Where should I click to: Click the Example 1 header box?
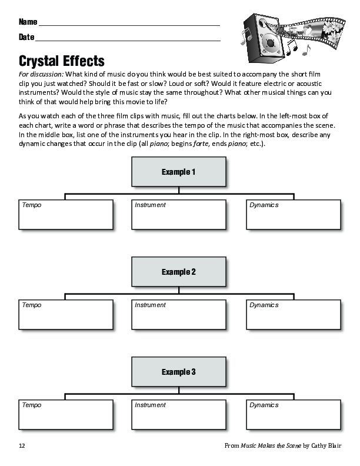pyautogui.click(x=179, y=172)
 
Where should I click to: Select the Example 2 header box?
pyautogui.click(x=179, y=272)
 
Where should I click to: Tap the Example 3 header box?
pyautogui.click(x=179, y=372)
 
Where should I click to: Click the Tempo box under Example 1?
pyautogui.click(x=66, y=215)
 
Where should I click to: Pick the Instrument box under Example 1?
pyautogui.click(x=179, y=215)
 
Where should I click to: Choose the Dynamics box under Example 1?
pyautogui.click(x=294, y=215)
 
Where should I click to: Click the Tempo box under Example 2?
pyautogui.click(x=66, y=315)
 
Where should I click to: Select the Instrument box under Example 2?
pyautogui.click(x=179, y=315)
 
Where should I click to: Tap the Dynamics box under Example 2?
pyautogui.click(x=294, y=315)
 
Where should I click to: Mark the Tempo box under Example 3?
pyautogui.click(x=66, y=415)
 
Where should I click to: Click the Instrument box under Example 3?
pyautogui.click(x=179, y=415)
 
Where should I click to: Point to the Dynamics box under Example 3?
pyautogui.click(x=294, y=415)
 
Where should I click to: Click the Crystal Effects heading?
pyautogui.click(x=62, y=61)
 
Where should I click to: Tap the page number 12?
pyautogui.click(x=22, y=445)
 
